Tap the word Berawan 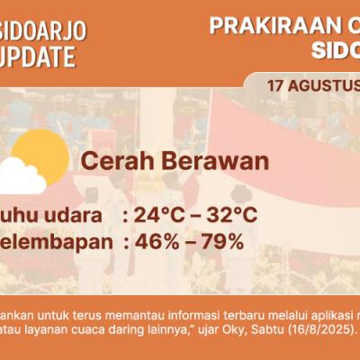point(212,162)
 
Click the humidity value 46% point(156,241)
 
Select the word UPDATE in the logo point(38,58)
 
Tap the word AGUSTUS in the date point(324,86)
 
